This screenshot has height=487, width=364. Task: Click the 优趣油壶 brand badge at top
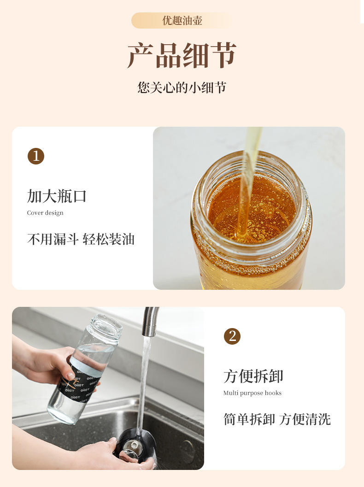(182, 20)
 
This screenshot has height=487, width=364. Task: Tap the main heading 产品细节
(182, 55)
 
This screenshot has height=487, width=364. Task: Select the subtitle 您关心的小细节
(182, 88)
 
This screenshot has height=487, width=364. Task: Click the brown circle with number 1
(36, 156)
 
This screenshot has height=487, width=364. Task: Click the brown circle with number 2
(232, 336)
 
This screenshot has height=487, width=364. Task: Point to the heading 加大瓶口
(57, 196)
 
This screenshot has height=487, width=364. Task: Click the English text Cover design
(45, 213)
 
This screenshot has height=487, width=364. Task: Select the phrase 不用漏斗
(53, 240)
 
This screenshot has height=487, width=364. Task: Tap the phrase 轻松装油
(109, 240)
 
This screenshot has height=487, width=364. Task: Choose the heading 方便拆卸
(253, 376)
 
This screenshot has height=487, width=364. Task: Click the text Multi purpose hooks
(252, 393)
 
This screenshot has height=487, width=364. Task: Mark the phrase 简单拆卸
(249, 419)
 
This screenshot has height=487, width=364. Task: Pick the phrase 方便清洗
(305, 419)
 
